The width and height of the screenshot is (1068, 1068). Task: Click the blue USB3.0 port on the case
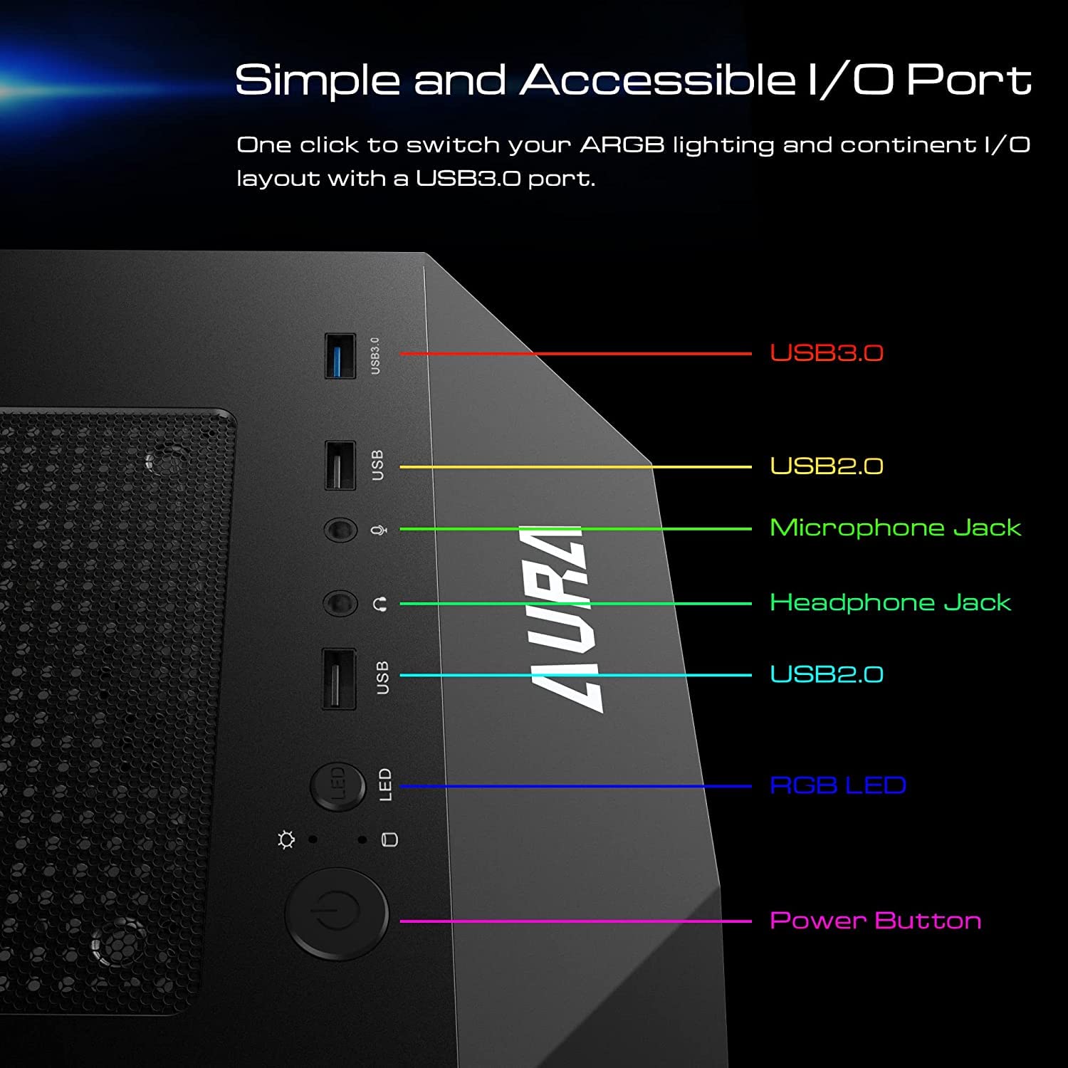point(340,355)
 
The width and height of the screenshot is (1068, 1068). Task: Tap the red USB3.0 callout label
point(826,352)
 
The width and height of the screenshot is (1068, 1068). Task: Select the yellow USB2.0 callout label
point(826,466)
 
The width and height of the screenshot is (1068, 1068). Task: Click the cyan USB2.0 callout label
point(826,674)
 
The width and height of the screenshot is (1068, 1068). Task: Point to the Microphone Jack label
point(895,528)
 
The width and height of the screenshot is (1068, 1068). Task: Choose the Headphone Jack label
point(890,602)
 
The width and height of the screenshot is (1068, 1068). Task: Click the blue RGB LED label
point(837,785)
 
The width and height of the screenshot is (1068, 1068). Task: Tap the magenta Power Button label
point(875,921)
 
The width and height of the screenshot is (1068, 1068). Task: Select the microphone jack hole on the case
point(340,530)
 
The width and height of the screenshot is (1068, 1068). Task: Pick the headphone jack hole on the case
point(340,604)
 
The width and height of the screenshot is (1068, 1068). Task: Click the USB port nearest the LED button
point(339,678)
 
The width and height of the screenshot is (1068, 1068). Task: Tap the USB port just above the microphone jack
point(340,466)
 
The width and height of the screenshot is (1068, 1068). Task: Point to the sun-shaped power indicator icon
point(286,840)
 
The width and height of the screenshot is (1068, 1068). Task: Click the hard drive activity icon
point(389,839)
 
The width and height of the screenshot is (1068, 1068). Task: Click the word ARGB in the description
point(622,145)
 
